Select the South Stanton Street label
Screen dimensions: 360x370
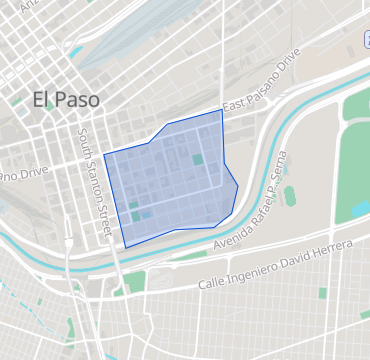(93, 181)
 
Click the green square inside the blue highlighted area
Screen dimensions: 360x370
(197, 159)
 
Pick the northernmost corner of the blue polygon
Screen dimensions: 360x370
(222, 110)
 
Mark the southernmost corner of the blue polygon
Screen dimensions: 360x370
(125, 247)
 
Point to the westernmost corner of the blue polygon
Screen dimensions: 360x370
(103, 155)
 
